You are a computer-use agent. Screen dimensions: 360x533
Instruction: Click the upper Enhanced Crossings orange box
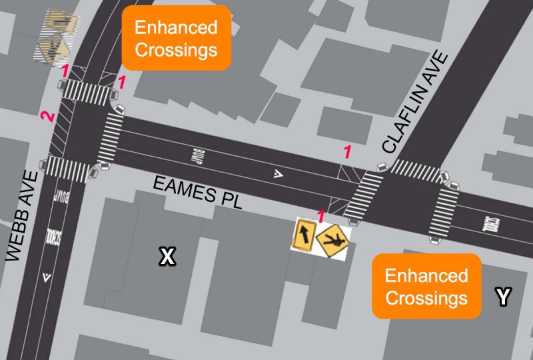(x=176, y=37)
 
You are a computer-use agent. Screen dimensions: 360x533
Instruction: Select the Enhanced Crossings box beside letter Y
(x=426, y=286)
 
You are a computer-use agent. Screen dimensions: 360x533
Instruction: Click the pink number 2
(x=46, y=117)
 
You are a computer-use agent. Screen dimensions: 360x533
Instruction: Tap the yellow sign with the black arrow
(x=304, y=234)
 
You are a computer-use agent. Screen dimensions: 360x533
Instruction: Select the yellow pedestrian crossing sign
(x=332, y=239)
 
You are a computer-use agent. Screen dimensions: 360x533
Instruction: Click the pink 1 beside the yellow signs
(x=320, y=215)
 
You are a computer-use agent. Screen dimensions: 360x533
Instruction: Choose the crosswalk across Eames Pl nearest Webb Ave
(x=111, y=140)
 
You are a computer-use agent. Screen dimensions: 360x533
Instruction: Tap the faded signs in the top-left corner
(x=55, y=37)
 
